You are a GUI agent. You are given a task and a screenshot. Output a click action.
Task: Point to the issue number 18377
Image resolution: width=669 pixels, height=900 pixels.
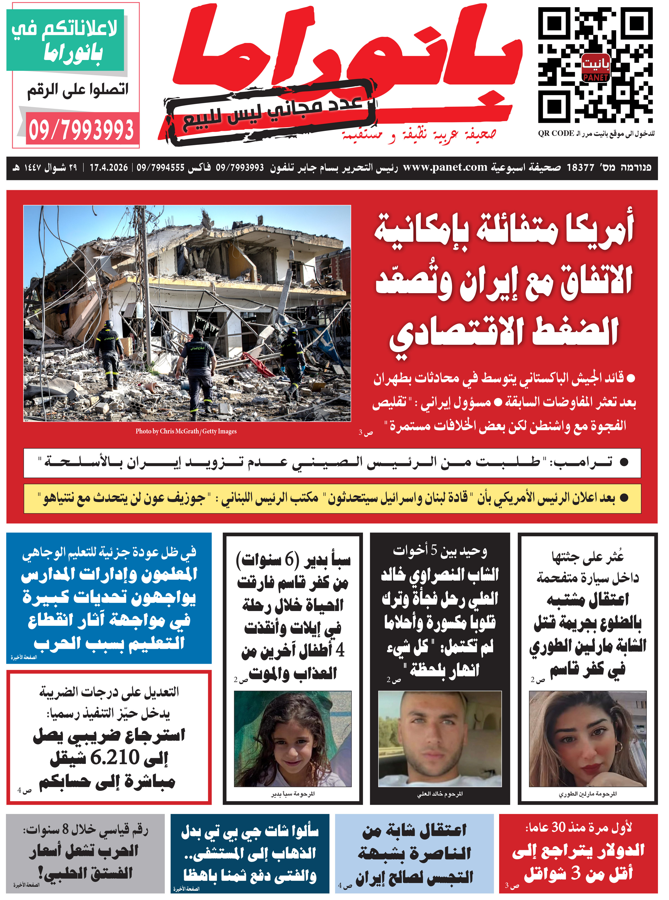pos(580,167)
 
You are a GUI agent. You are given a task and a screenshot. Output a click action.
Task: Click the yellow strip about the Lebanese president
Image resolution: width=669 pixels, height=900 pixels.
pos(332,498)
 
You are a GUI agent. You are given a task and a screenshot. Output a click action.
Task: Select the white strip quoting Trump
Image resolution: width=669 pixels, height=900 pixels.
pos(332,463)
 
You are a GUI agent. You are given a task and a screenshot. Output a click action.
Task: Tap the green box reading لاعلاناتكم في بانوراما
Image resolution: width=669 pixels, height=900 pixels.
pos(65,41)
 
